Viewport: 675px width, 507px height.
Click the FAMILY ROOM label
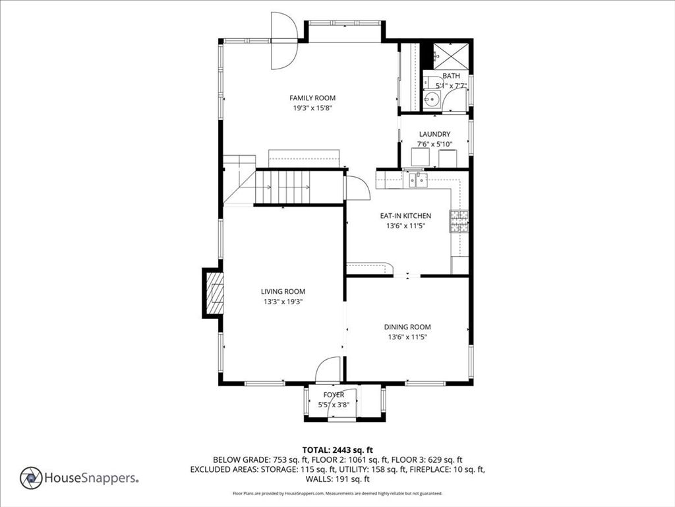point(312,98)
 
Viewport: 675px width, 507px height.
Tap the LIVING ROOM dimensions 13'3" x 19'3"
point(283,302)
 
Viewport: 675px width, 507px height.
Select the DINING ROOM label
point(407,327)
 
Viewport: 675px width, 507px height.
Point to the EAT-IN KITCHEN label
point(405,216)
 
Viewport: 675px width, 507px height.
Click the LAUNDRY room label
point(435,134)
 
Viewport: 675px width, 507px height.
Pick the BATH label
point(451,76)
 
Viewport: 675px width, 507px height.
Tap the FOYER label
point(334,395)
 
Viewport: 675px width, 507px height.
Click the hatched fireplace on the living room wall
point(214,293)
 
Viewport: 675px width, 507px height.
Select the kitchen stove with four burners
point(459,221)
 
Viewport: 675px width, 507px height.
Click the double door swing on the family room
point(284,40)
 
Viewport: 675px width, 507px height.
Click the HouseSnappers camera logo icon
point(31,478)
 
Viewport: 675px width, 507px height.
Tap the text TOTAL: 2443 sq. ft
point(337,450)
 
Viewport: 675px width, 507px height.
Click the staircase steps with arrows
point(283,187)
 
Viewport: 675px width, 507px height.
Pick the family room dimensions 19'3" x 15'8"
point(312,108)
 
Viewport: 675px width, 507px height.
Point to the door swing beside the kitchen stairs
point(357,187)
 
